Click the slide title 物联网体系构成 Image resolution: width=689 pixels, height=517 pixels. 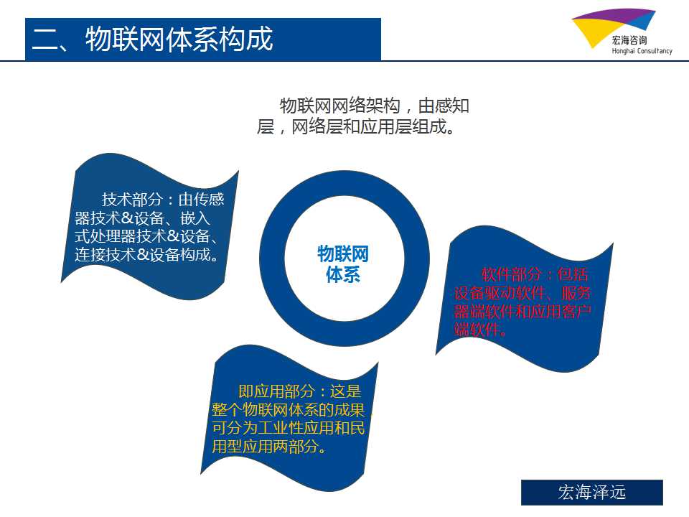[x=179, y=39]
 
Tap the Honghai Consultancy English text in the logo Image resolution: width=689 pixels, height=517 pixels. [x=642, y=51]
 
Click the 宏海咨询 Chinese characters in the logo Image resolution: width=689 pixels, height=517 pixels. [x=629, y=40]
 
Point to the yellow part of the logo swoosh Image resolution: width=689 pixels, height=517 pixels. [x=593, y=30]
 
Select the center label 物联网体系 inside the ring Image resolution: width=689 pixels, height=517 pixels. [x=343, y=264]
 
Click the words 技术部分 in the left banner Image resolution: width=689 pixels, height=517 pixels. [x=132, y=200]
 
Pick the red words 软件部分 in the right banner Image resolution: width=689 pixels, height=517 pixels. [x=512, y=274]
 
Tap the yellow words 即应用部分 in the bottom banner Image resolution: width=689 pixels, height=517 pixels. [x=276, y=391]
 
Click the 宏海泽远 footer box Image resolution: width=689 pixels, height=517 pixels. [x=592, y=493]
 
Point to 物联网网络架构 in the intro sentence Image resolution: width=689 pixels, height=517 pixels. [x=339, y=106]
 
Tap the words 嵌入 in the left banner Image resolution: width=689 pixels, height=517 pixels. [x=195, y=218]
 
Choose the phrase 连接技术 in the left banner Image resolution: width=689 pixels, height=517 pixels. [x=105, y=254]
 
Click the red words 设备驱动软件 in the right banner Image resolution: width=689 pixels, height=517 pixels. [x=500, y=293]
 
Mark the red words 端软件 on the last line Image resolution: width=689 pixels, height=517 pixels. [x=477, y=329]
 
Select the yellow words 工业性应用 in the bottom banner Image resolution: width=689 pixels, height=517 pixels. [x=296, y=428]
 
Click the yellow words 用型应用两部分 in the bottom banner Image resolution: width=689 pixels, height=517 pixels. [x=265, y=446]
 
